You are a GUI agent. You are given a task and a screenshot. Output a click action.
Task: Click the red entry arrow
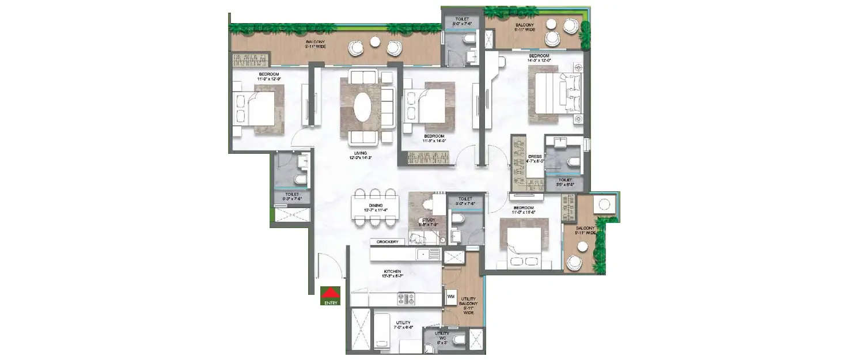point(331,292)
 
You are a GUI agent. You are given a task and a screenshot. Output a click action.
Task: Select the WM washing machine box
point(450,296)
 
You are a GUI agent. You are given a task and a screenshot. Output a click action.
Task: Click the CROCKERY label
point(388,242)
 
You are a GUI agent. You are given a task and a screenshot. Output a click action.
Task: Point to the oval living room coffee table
point(363,107)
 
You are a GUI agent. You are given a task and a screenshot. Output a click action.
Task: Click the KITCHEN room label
point(393,273)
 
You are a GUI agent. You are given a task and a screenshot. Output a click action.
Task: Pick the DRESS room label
point(535,158)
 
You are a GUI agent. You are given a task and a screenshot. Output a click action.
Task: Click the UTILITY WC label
point(442,336)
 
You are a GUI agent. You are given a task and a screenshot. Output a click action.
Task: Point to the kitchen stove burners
point(406,298)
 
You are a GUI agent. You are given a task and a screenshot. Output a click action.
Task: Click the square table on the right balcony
point(605,204)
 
